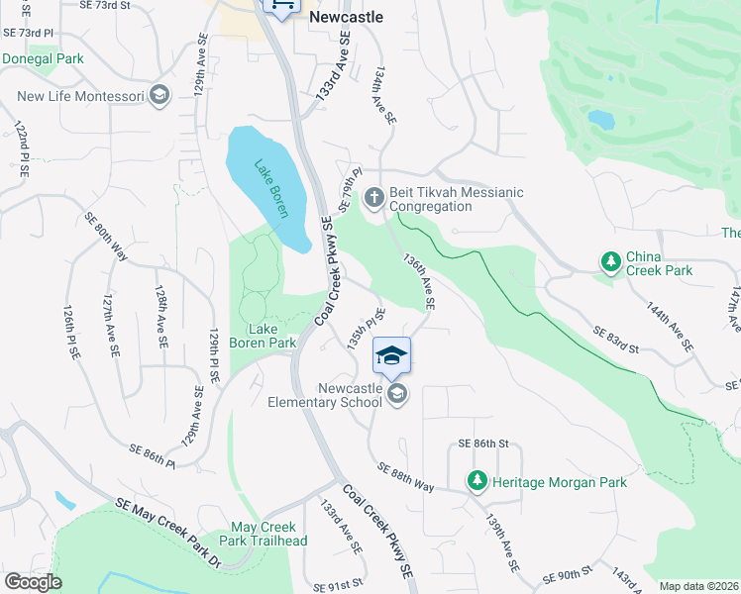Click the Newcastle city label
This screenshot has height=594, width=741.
point(346,17)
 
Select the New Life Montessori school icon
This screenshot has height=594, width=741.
point(160,96)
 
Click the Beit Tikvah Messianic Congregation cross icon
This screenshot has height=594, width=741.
point(374,198)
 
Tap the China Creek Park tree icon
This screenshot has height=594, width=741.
point(611,261)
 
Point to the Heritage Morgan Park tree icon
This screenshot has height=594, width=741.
point(477,482)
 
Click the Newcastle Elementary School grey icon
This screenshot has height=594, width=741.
point(396,395)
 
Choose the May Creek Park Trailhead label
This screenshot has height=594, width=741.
point(268,534)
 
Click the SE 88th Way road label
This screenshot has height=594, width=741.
point(405,474)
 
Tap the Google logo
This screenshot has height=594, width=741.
point(33,581)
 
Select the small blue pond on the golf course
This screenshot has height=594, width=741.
point(600,120)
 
